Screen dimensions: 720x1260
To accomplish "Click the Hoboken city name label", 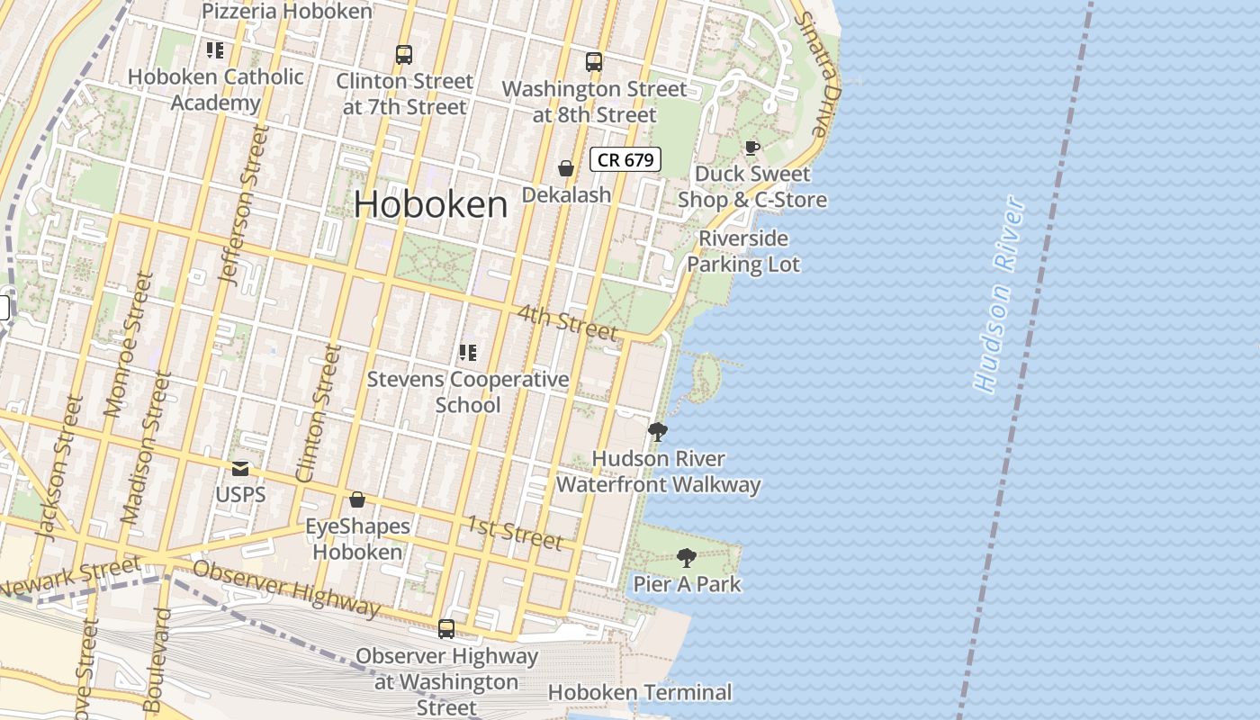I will [x=430, y=205].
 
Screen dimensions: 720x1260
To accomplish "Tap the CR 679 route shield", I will [x=625, y=160].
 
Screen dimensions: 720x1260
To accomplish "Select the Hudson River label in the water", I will [x=1000, y=295].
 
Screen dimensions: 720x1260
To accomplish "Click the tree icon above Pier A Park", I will [x=687, y=558].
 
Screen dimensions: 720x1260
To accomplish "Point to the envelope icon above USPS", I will [x=240, y=469].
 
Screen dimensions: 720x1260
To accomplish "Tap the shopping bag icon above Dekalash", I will [x=566, y=168].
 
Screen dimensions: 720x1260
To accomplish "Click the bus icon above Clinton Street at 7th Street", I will [x=404, y=55].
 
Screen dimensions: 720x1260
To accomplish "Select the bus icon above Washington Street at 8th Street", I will [x=594, y=62].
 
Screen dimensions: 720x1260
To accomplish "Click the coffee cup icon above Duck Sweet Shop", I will [x=751, y=148].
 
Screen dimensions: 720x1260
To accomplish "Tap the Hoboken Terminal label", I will [x=640, y=693].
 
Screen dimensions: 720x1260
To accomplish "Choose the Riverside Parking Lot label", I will [x=743, y=252].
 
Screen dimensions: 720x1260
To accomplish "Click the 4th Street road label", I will [x=568, y=322].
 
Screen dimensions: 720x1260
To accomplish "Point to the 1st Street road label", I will [x=515, y=532].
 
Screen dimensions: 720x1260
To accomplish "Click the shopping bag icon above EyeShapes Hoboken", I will [x=357, y=499].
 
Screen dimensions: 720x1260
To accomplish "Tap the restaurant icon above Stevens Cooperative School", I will [x=467, y=353].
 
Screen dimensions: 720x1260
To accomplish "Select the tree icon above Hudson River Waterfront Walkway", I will [x=658, y=432].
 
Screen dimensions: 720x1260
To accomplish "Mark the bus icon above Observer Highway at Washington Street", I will [x=446, y=629].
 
